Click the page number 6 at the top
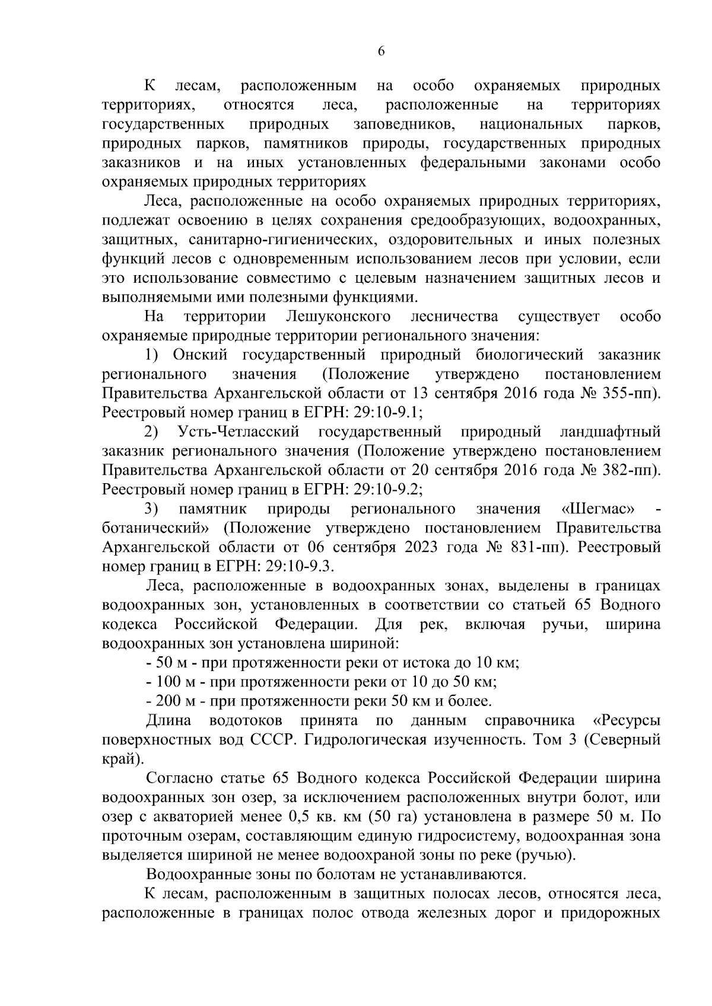point(382,52)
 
